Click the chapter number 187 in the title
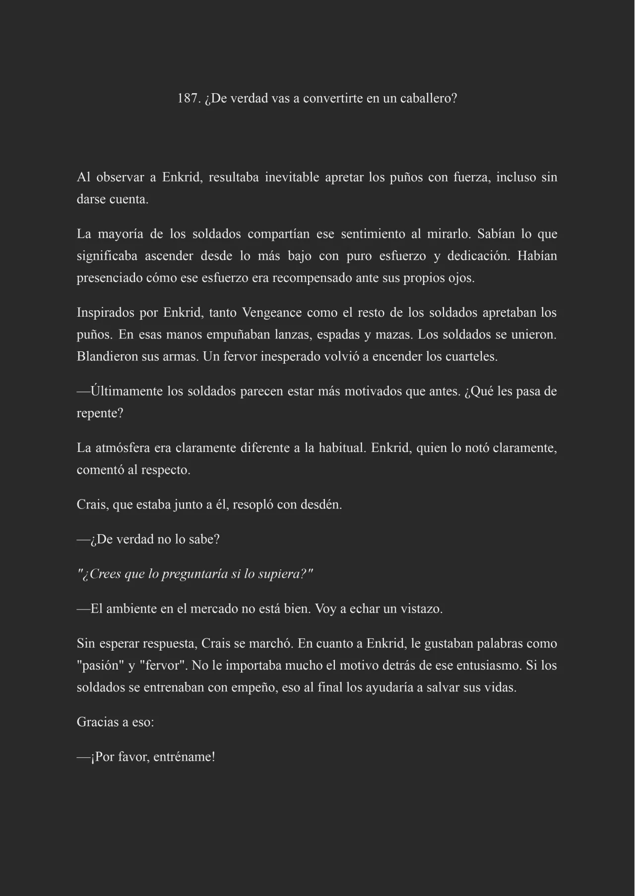pyautogui.click(x=188, y=98)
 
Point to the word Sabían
pyautogui.click(x=496, y=234)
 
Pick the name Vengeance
pyautogui.click(x=271, y=313)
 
